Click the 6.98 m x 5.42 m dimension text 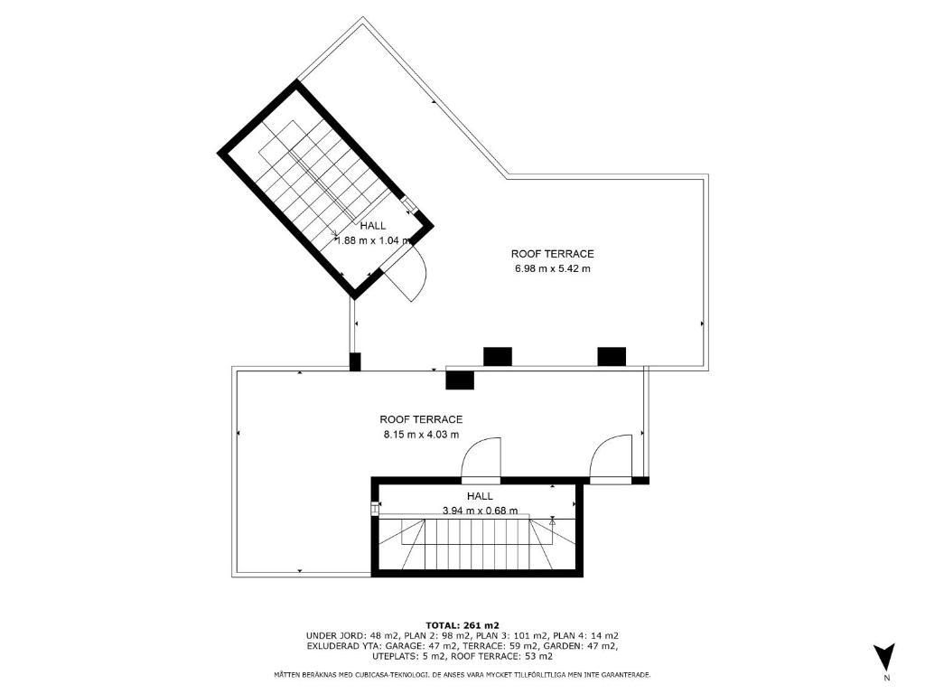552,269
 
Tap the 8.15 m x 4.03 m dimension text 421,435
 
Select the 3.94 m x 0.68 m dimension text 481,511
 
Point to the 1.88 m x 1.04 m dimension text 373,240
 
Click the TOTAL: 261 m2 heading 462,625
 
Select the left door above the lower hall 481,457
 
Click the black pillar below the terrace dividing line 460,380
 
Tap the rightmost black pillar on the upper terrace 612,356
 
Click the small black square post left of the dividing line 354,361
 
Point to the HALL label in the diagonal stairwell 373,225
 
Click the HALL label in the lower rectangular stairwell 480,496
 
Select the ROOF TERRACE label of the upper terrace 552,254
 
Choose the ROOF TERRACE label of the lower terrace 421,419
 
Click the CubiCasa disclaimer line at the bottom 462,674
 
